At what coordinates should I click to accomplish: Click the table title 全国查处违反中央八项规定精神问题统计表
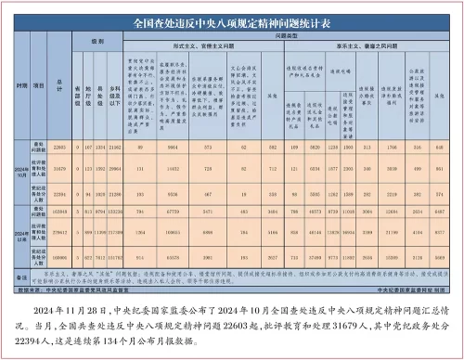232,18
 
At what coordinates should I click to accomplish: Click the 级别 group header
97,43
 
